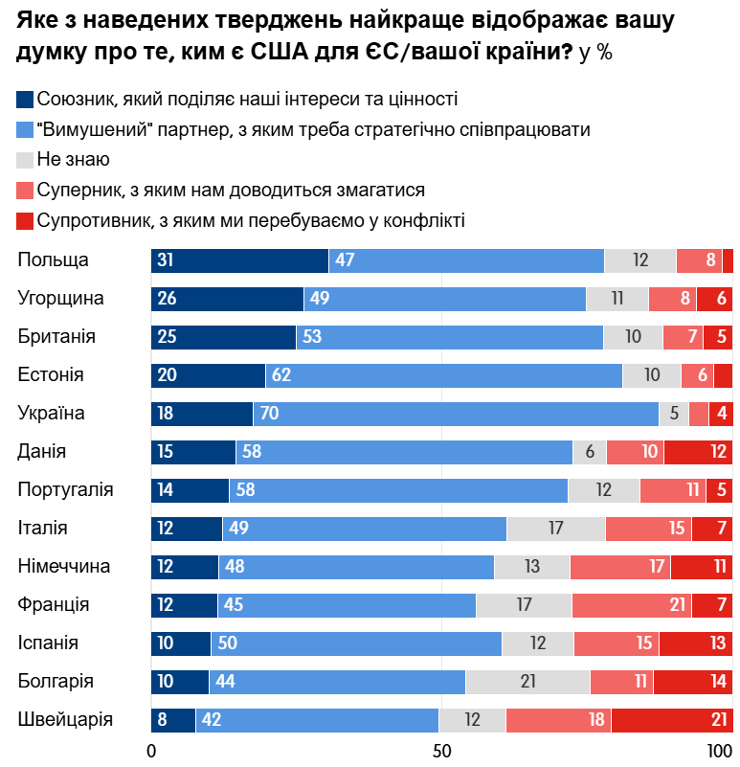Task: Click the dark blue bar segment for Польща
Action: [x=239, y=260]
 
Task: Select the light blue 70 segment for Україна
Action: [x=456, y=414]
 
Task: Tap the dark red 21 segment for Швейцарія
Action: [x=672, y=720]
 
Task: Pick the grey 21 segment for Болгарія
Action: [x=527, y=682]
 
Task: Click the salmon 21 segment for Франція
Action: [x=631, y=605]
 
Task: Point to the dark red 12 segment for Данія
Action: [x=698, y=452]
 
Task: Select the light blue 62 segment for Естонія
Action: [x=444, y=375]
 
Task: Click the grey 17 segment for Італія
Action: [x=555, y=529]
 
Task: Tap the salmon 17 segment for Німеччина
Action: [x=619, y=567]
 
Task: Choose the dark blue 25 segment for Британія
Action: [x=223, y=337]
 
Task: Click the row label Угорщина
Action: [x=61, y=299]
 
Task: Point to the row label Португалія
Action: [x=66, y=490]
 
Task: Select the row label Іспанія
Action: [x=48, y=643]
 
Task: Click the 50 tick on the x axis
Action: [x=441, y=749]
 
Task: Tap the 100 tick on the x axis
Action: [x=719, y=749]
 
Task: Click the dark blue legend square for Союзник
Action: [x=26, y=99]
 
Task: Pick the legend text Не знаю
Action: [x=74, y=160]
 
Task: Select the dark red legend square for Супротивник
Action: [x=26, y=221]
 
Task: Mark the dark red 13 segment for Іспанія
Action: [x=695, y=643]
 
